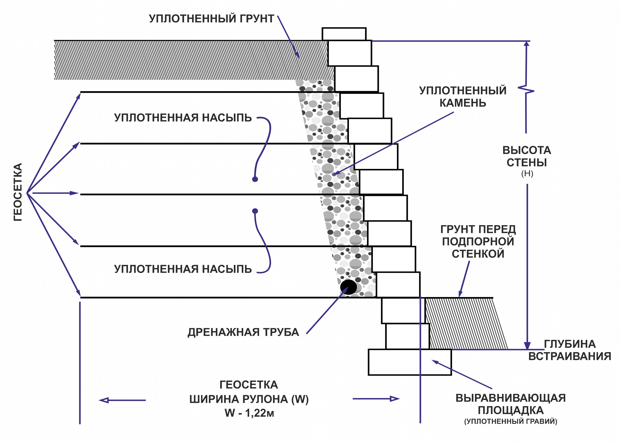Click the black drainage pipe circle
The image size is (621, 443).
tap(348, 287)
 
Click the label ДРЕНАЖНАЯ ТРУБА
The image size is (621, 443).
tap(243, 332)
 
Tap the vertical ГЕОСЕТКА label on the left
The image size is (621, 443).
tap(18, 192)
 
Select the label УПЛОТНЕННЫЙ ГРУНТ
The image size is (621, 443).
tap(212, 19)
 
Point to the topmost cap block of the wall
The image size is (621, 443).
tap(344, 34)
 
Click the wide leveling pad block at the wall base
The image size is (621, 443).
tap(409, 362)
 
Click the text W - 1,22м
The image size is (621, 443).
tap(249, 413)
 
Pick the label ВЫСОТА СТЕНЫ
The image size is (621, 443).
tap(527, 156)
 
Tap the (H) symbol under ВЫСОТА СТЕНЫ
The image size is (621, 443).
tap(527, 173)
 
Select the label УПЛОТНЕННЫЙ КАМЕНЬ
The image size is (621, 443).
tap(463, 96)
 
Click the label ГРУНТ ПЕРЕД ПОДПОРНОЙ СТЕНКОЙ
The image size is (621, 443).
tap(478, 241)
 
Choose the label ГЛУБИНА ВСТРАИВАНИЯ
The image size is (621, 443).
tap(570, 350)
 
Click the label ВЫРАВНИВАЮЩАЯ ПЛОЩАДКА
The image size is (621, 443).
tap(510, 404)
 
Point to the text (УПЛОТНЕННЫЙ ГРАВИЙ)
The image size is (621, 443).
tap(510, 421)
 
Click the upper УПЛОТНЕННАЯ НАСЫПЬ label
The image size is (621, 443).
tap(183, 118)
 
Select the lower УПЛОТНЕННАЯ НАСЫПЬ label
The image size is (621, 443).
tap(183, 269)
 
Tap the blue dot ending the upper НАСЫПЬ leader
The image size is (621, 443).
tap(255, 179)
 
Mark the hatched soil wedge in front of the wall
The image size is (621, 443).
tap(463, 323)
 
